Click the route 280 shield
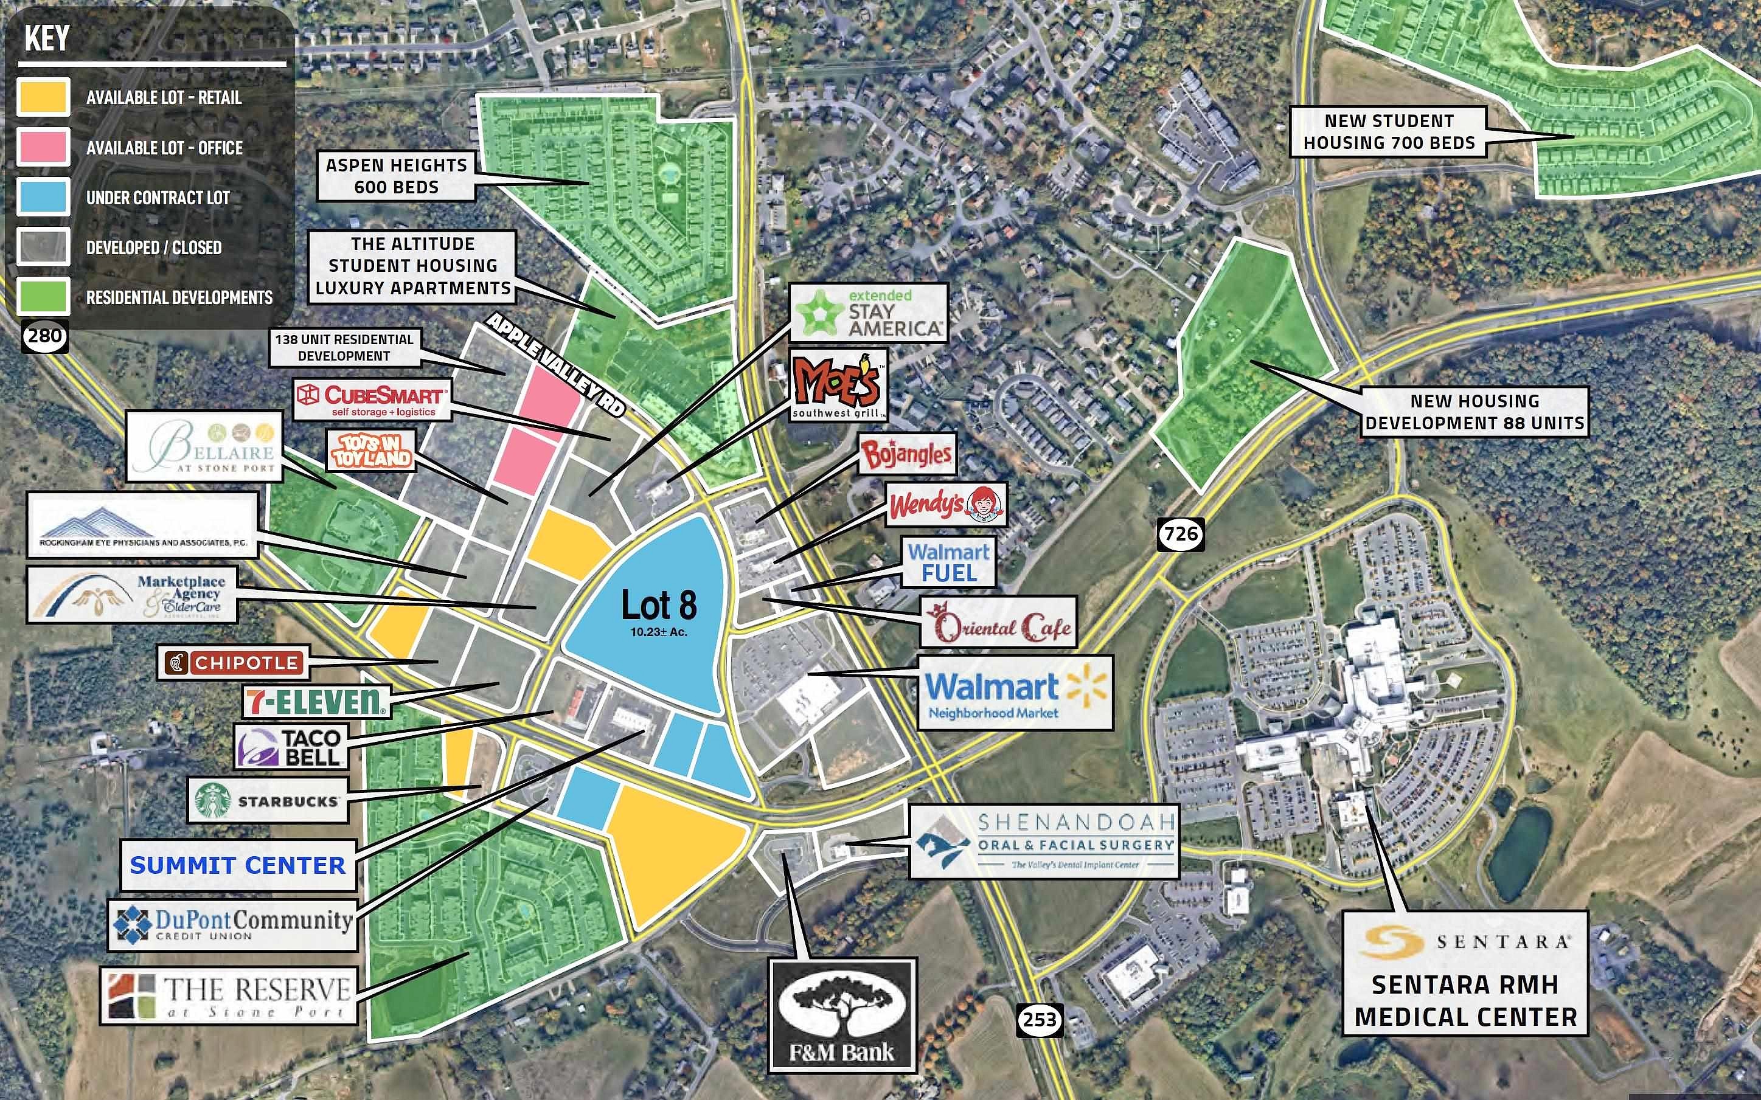[x=45, y=336]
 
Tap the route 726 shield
[x=1180, y=534]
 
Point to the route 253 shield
[x=1039, y=1019]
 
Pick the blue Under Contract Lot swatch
[x=44, y=197]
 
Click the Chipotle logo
[x=234, y=663]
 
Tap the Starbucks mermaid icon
[x=212, y=800]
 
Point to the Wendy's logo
[x=946, y=504]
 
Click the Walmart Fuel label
[x=949, y=562]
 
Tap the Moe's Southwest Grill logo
[x=838, y=386]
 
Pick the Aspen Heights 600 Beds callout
[x=396, y=176]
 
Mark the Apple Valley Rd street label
[x=556, y=364]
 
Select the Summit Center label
[x=238, y=865]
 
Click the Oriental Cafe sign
[x=998, y=623]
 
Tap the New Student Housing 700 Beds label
[x=1389, y=132]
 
